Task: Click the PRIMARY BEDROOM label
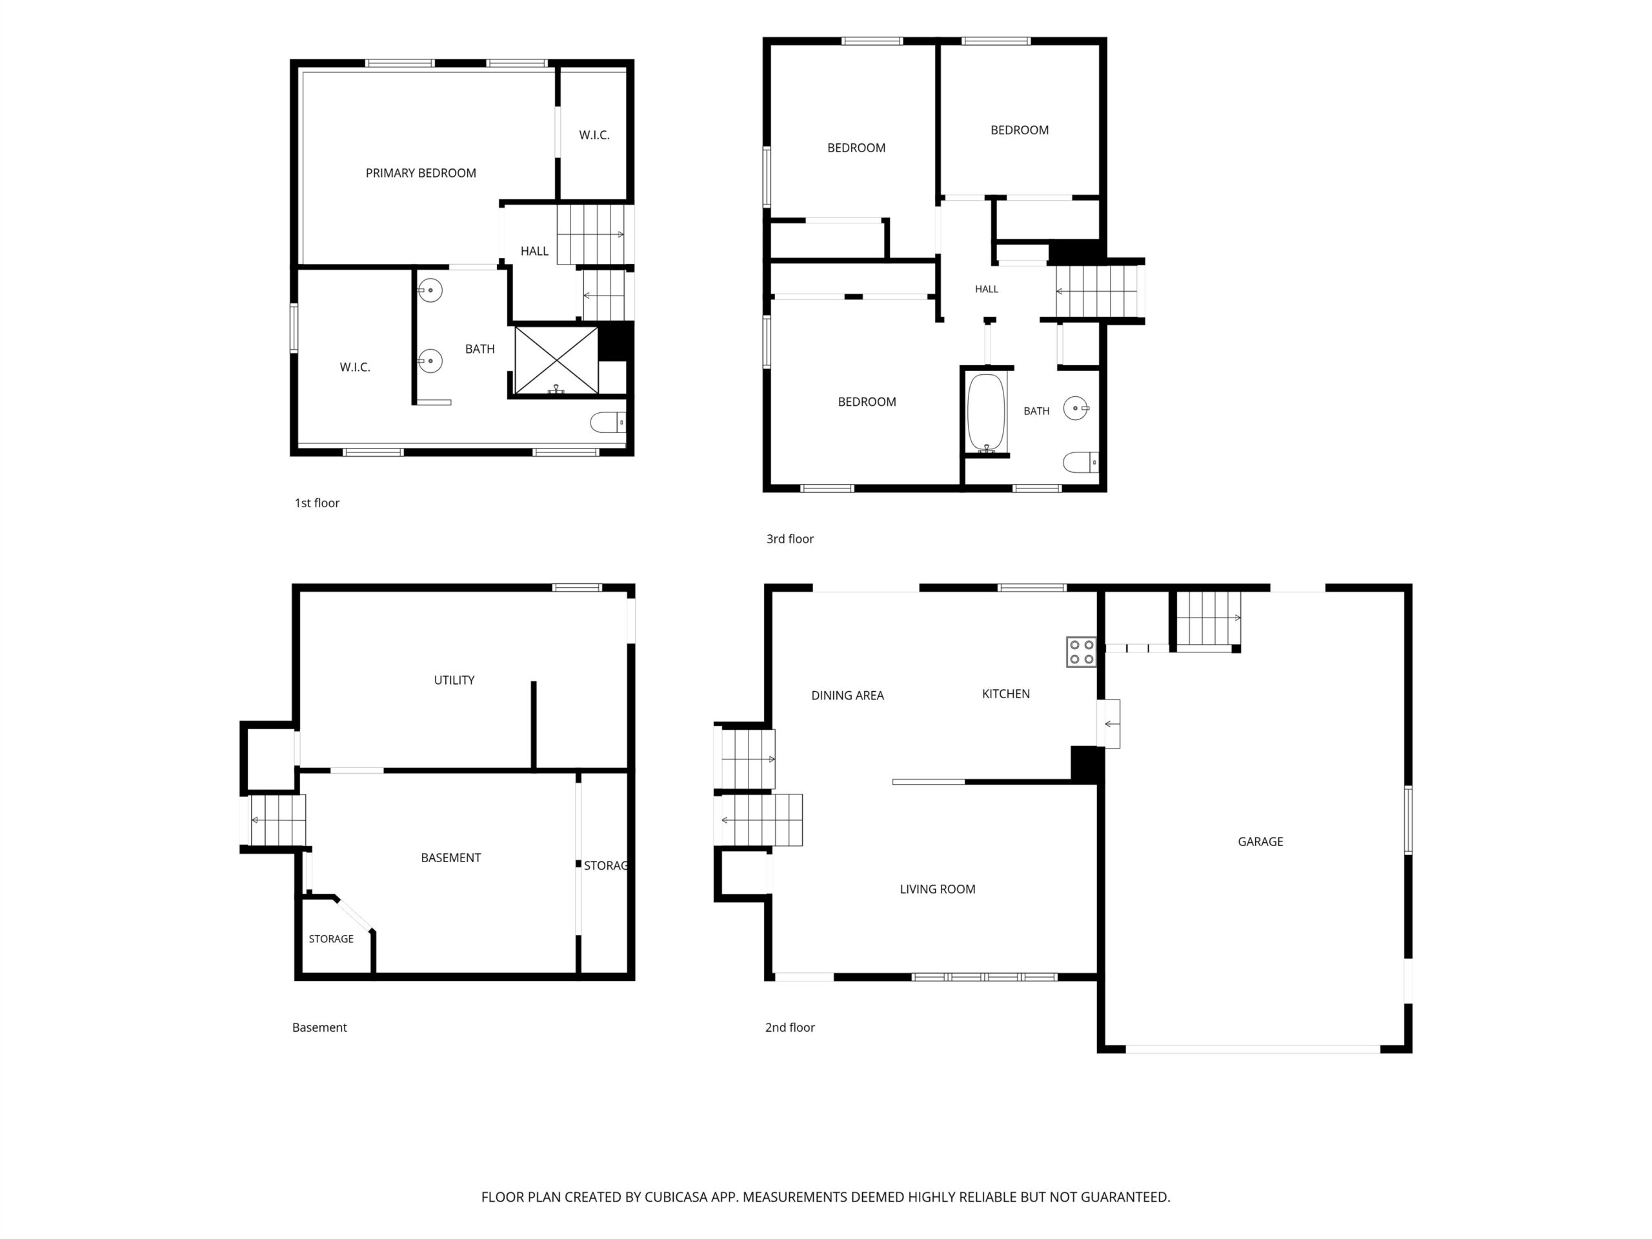421,173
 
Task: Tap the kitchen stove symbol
1081,652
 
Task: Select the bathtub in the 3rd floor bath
987,413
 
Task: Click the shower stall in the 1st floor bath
556,360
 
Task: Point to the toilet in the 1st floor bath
608,423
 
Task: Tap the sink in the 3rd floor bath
1076,408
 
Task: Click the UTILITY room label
454,680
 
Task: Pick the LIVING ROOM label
937,889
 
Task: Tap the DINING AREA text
848,695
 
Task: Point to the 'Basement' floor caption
319,1027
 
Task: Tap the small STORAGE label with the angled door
331,939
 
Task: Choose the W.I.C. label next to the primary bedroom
594,135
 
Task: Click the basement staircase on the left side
276,820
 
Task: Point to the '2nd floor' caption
789,1027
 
